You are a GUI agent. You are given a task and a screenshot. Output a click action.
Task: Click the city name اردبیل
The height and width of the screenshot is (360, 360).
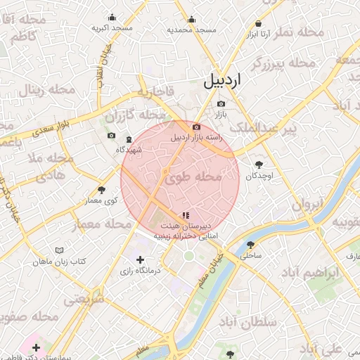(x=222, y=81)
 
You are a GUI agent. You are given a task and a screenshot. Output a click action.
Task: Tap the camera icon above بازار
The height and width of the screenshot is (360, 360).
(x=221, y=103)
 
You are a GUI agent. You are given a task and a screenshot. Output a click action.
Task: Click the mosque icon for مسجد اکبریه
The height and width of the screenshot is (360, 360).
(x=112, y=18)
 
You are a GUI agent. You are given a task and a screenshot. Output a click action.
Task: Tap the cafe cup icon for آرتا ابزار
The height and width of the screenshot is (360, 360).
(x=258, y=22)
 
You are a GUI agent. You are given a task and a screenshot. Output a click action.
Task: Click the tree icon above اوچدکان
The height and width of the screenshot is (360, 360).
(x=258, y=165)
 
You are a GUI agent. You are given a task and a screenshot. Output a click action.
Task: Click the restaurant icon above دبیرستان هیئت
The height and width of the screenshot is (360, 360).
(x=186, y=215)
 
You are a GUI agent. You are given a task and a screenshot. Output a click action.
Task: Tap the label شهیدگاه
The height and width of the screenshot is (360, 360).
(x=129, y=149)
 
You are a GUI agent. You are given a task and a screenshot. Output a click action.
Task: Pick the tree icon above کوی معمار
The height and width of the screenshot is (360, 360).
(x=102, y=190)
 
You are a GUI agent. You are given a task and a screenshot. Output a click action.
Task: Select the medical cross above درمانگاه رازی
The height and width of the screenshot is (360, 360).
(x=140, y=260)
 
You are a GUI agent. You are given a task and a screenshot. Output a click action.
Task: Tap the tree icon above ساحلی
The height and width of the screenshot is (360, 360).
(x=251, y=245)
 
